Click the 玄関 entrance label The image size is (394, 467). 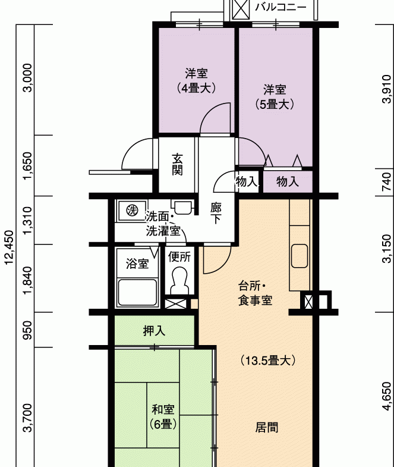(177, 164)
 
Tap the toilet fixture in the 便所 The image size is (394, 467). (179, 280)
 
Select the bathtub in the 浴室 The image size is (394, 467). (137, 293)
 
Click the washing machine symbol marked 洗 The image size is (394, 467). (132, 210)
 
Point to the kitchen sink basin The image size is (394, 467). (300, 256)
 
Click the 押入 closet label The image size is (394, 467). (154, 331)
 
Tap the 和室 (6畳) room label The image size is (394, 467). (163, 416)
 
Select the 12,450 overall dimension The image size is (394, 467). (9, 247)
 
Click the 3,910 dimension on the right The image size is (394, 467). (386, 89)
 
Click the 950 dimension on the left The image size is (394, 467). (28, 330)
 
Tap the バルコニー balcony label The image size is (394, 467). (280, 7)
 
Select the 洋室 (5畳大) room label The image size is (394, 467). (275, 97)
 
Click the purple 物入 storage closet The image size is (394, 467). (288, 181)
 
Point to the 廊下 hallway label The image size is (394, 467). (216, 213)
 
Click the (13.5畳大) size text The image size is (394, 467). (268, 361)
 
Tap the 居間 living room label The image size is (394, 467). (267, 427)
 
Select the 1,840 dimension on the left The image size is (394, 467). (28, 280)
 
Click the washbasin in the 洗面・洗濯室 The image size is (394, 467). (182, 207)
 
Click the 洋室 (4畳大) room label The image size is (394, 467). (196, 80)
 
